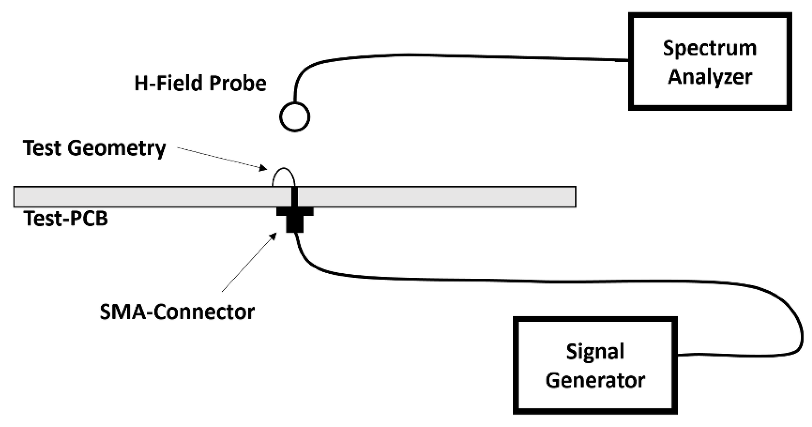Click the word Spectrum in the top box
click(x=710, y=49)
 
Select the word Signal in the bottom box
click(x=595, y=352)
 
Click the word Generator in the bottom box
click(x=595, y=381)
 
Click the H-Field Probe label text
click(x=200, y=84)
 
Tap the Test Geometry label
click(x=94, y=149)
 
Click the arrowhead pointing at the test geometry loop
click(x=263, y=168)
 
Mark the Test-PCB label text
click(x=65, y=219)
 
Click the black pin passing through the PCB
click(x=294, y=197)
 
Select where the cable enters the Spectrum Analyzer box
click(x=629, y=61)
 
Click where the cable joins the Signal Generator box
click(x=677, y=355)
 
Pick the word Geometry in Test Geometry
click(x=117, y=149)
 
